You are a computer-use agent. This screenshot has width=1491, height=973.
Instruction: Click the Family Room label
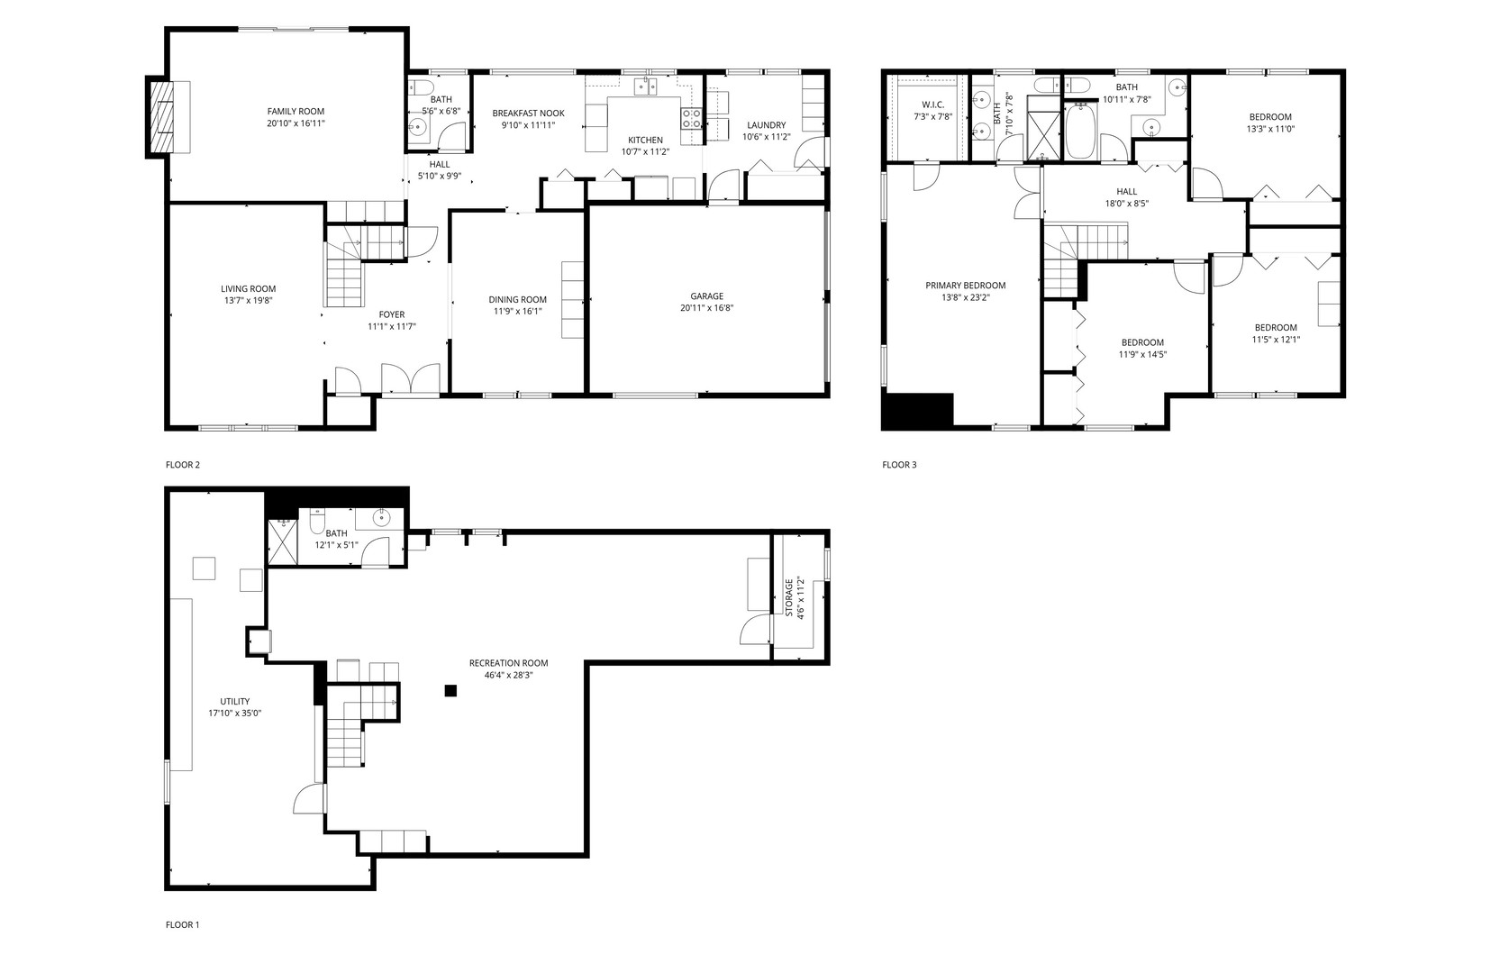click(295, 111)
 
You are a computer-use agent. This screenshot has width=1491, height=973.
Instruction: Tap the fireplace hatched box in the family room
click(159, 117)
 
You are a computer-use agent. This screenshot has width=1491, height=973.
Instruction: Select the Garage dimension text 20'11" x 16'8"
click(706, 308)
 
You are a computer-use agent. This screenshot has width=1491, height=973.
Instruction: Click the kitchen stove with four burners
click(690, 118)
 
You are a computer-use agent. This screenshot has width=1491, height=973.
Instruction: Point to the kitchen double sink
click(645, 86)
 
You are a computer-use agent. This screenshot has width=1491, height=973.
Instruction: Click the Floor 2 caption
click(182, 465)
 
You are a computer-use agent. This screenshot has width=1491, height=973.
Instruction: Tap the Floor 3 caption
click(899, 465)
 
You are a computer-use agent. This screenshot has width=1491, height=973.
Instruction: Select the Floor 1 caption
click(182, 924)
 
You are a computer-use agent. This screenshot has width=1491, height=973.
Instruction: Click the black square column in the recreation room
click(450, 691)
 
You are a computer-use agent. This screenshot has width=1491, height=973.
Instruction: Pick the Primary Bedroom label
click(965, 286)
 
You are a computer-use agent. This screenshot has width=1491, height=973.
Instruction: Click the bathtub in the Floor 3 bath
click(1079, 131)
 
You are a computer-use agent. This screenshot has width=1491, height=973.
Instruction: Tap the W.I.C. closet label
click(932, 105)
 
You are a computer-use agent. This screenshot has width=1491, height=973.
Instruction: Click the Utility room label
click(235, 701)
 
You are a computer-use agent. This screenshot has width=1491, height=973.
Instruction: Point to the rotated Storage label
click(789, 597)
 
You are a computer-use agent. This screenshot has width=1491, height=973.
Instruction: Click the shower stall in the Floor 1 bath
click(282, 542)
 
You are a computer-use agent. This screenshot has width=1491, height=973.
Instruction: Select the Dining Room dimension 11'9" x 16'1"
click(517, 312)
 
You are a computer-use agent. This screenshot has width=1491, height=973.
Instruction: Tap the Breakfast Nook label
click(529, 114)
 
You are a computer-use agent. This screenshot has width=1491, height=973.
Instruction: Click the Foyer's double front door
click(411, 380)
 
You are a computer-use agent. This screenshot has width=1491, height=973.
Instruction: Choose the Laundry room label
click(766, 125)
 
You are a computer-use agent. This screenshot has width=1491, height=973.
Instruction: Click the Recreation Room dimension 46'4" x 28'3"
click(508, 675)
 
